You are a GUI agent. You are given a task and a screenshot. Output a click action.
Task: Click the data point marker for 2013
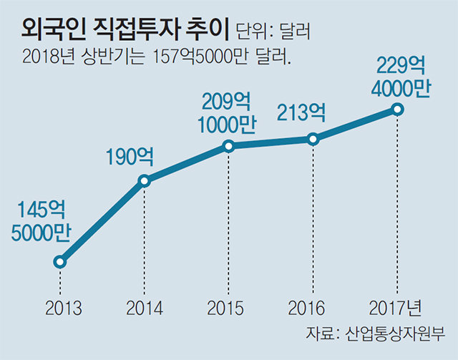pyautogui.click(x=60, y=262)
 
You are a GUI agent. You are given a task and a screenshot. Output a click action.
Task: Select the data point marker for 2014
pyautogui.click(x=144, y=181)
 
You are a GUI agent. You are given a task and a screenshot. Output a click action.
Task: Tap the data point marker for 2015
pyautogui.click(x=228, y=146)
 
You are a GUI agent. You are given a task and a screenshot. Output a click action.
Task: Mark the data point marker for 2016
pyautogui.click(x=312, y=139)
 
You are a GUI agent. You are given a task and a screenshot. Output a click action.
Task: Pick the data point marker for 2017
pyautogui.click(x=396, y=110)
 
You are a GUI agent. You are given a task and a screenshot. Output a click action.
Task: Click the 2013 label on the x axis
pyautogui.click(x=63, y=308)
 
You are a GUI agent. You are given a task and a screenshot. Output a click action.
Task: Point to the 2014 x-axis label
pyautogui.click(x=145, y=308)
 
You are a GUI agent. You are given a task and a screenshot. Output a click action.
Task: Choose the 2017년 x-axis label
pyautogui.click(x=396, y=308)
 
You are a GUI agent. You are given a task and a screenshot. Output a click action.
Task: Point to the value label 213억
pyautogui.click(x=301, y=112)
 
